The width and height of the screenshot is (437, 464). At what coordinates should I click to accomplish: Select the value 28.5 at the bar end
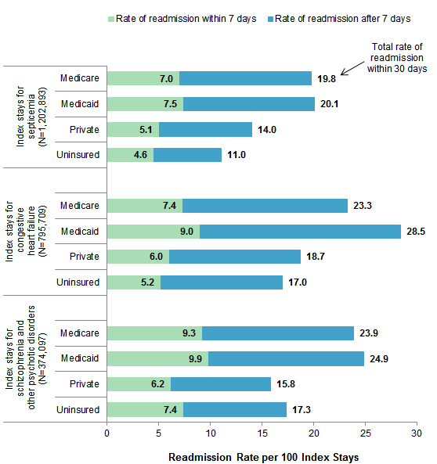[x=416, y=232]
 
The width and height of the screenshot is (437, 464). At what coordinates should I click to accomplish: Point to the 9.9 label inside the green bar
[x=195, y=359]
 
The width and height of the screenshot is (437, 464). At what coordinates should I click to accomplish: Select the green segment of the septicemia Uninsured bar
[x=129, y=155]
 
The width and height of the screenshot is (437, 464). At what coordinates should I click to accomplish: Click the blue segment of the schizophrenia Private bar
[x=221, y=384]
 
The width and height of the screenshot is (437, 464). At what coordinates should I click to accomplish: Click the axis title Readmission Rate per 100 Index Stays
[x=262, y=454]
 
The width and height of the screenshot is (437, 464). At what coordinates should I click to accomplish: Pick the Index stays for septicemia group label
[x=30, y=117]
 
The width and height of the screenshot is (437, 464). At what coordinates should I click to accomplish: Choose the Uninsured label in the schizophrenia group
[x=78, y=410]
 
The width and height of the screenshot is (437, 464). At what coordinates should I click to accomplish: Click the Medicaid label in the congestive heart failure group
[x=79, y=232]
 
